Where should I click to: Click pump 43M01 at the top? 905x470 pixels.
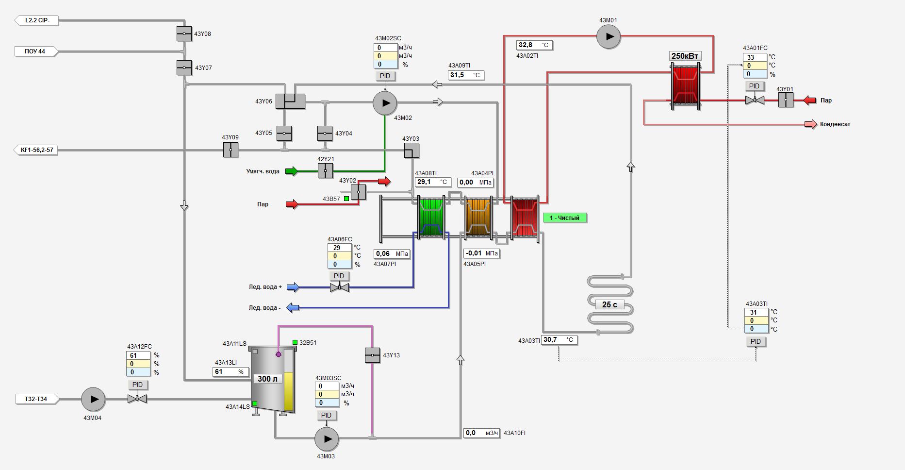[x=608, y=36]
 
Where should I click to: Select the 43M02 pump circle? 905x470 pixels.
[x=385, y=102]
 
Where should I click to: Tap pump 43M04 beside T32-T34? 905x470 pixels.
[x=93, y=399]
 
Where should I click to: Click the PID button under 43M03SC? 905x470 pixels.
[x=326, y=415]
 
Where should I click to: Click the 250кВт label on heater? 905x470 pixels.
[x=685, y=56]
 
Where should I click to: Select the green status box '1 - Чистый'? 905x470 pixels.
[x=564, y=218]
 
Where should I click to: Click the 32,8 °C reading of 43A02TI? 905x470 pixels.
[x=534, y=45]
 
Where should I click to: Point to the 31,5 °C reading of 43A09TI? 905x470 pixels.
[x=465, y=75]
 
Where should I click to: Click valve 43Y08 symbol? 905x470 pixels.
[x=184, y=34]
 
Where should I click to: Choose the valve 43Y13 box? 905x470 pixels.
[x=372, y=355]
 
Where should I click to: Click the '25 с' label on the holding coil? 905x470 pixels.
[x=609, y=304]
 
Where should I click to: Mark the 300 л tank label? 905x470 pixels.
[x=267, y=379]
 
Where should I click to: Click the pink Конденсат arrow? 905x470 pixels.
[x=810, y=124]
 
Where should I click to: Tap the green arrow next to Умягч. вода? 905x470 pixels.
[x=291, y=171]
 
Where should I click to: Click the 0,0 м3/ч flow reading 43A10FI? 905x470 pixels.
[x=481, y=433]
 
